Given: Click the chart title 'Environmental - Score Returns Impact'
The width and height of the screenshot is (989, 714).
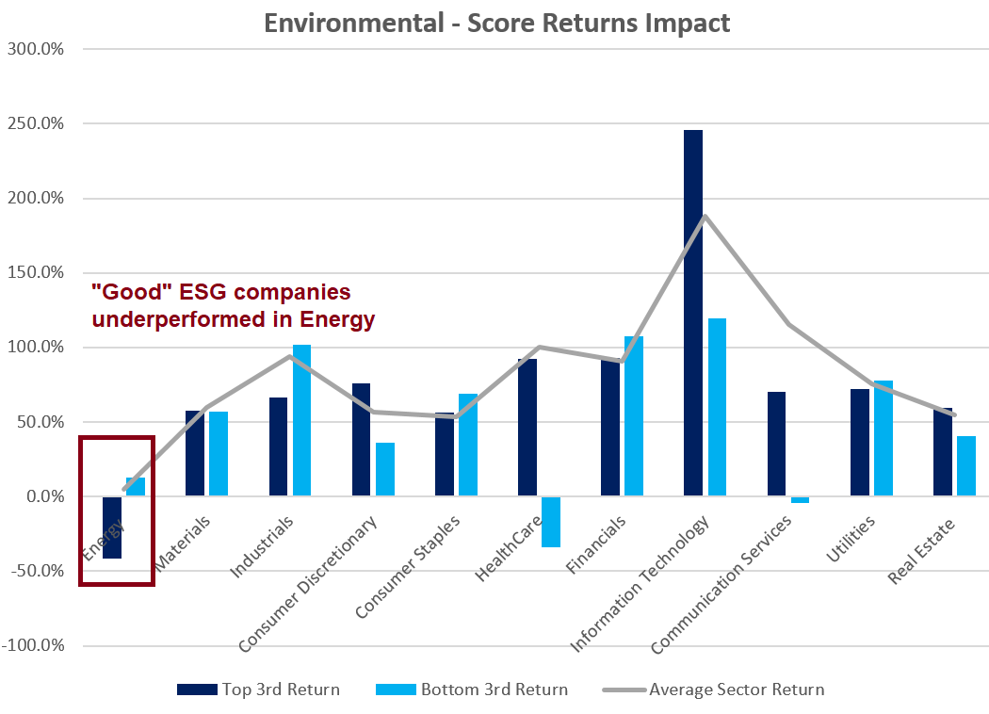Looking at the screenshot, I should click(x=497, y=23).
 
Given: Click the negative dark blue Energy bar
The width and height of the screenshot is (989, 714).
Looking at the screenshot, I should click(x=112, y=527).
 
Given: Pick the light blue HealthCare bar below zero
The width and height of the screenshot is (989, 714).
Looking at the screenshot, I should click(x=551, y=522).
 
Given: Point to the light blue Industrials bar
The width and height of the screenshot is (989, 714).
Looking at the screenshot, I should click(x=301, y=420).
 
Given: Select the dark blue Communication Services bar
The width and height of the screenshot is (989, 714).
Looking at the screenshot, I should click(x=776, y=444).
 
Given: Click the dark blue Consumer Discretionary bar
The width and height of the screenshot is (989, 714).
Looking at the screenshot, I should click(x=361, y=439).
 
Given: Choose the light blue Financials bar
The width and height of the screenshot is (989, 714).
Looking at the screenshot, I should click(x=634, y=415).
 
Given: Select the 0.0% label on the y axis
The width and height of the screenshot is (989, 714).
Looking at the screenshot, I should click(x=40, y=496).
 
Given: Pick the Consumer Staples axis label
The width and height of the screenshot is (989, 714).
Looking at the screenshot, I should click(x=408, y=567).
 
